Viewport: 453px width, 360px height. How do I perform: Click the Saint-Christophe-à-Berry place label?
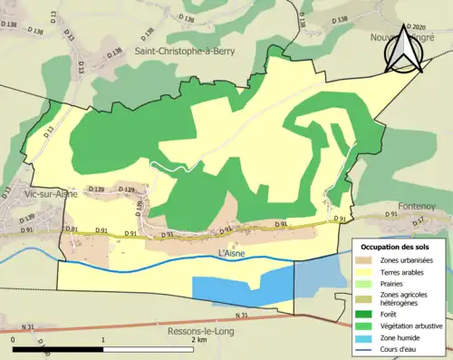pyautogui.click(x=185, y=52)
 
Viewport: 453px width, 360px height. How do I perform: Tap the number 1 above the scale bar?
pyautogui.click(x=102, y=340)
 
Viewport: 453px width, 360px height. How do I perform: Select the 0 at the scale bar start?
pyautogui.click(x=13, y=340)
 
